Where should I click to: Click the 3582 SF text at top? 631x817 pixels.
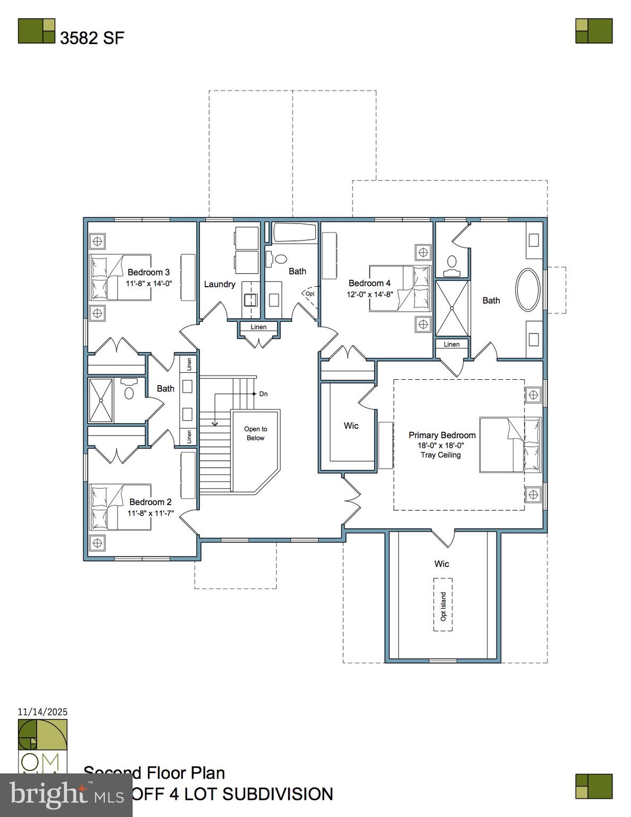92,38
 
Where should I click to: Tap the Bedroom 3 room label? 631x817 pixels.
148,272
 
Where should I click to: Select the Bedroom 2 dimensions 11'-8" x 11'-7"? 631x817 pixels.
150,513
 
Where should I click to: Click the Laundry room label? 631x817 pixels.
220,284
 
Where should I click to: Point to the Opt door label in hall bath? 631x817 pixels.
310,294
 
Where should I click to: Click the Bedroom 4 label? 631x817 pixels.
369,283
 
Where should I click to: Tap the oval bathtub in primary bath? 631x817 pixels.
527,290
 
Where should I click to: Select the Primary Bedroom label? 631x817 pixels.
442,435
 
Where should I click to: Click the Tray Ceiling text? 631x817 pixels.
441,455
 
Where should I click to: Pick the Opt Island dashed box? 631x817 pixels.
443,606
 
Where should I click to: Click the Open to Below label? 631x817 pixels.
256,433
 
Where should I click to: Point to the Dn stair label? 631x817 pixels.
263,394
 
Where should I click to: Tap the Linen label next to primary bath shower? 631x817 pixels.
452,344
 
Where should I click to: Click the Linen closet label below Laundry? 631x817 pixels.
258,327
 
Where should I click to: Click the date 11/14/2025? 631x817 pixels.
43,712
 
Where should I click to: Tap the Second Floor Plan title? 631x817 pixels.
154,773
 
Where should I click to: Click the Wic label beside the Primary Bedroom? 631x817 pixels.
351,426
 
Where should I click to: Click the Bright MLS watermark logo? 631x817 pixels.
66,795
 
